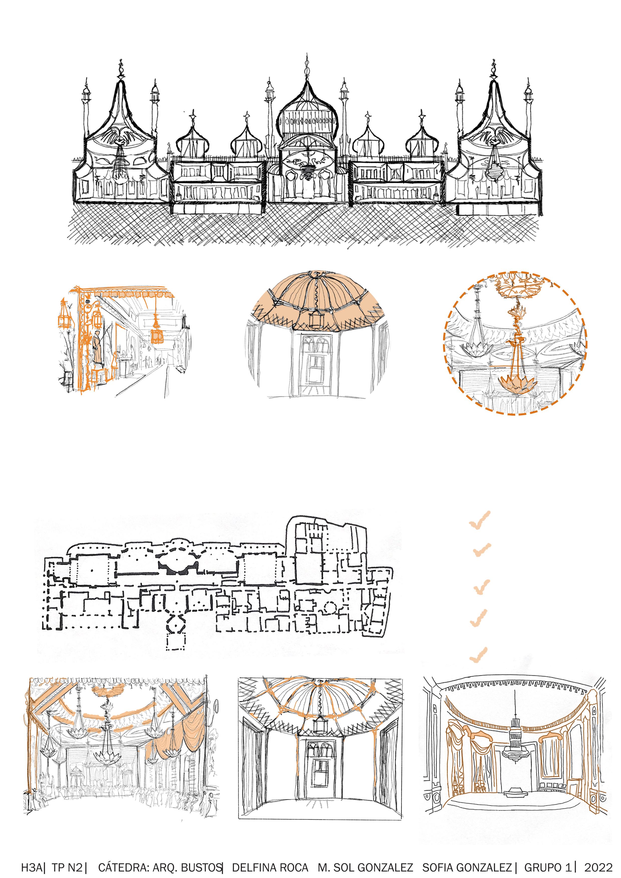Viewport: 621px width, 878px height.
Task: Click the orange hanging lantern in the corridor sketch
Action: point(156,333)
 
